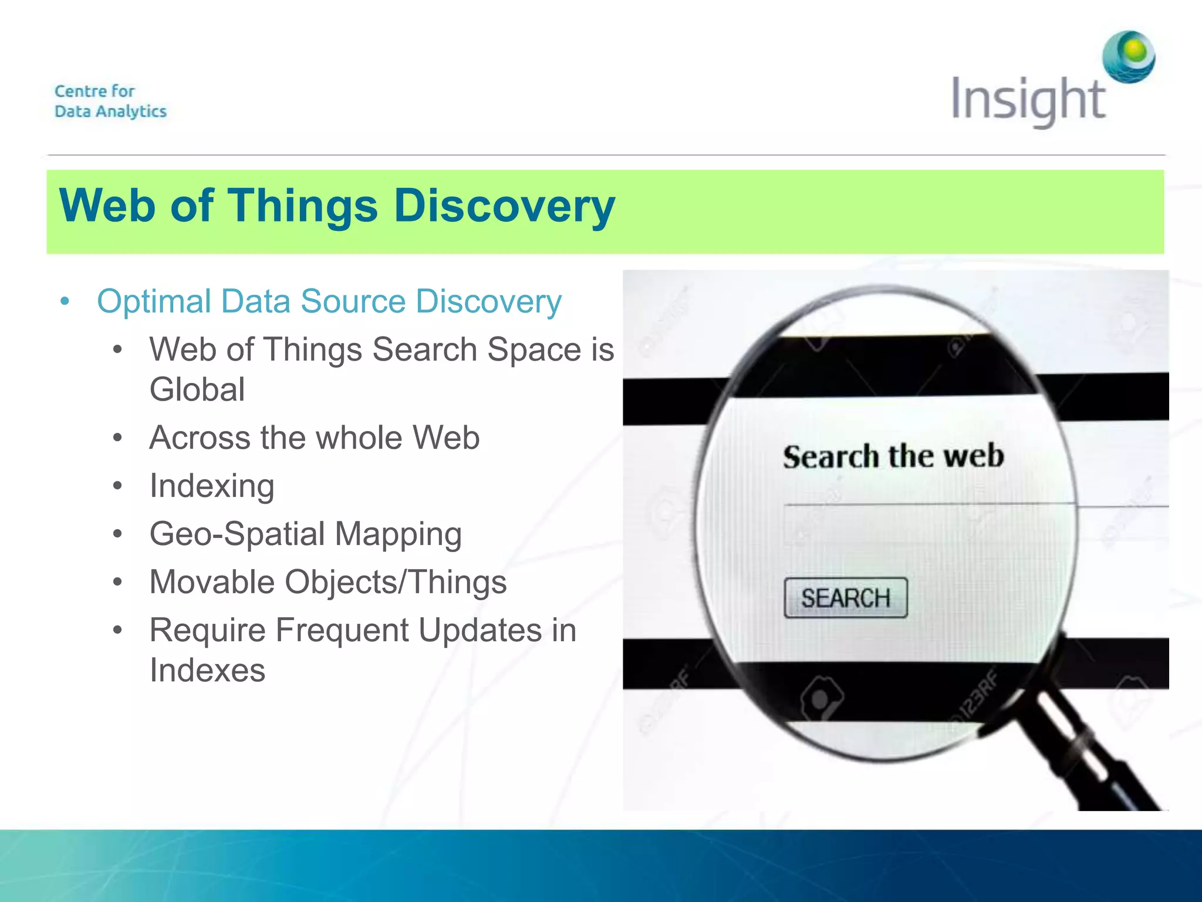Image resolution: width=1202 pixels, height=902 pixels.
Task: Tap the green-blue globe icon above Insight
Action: click(1129, 57)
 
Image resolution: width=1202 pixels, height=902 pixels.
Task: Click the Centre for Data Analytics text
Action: click(110, 101)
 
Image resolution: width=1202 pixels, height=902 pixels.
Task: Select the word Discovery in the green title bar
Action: click(504, 206)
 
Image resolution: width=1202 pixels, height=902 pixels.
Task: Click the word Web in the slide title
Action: click(107, 206)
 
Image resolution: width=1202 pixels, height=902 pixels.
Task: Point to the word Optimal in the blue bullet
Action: click(154, 302)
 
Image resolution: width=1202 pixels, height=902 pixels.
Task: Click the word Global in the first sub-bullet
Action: click(197, 389)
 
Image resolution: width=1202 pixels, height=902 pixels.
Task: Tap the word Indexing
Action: click(212, 486)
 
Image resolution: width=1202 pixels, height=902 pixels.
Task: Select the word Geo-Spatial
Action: click(237, 534)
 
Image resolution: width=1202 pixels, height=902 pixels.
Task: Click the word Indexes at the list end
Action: click(207, 671)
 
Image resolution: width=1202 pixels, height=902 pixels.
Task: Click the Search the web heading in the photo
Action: click(893, 457)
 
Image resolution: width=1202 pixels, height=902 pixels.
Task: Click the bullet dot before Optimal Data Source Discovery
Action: click(65, 302)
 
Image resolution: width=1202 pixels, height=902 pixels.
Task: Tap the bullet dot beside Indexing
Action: click(117, 486)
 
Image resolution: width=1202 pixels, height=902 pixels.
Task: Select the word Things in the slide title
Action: click(302, 206)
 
